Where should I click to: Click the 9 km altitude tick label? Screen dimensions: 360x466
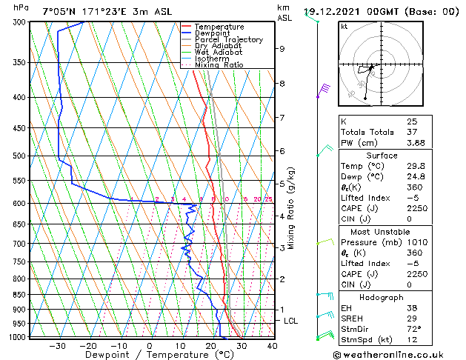pyautogui.click(x=282, y=49)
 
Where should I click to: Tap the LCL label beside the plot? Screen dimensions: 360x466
pyautogui.click(x=291, y=321)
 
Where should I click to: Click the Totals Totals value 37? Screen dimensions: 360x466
pyautogui.click(x=412, y=132)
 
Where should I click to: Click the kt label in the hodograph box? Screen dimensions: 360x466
pyautogui.click(x=344, y=27)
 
